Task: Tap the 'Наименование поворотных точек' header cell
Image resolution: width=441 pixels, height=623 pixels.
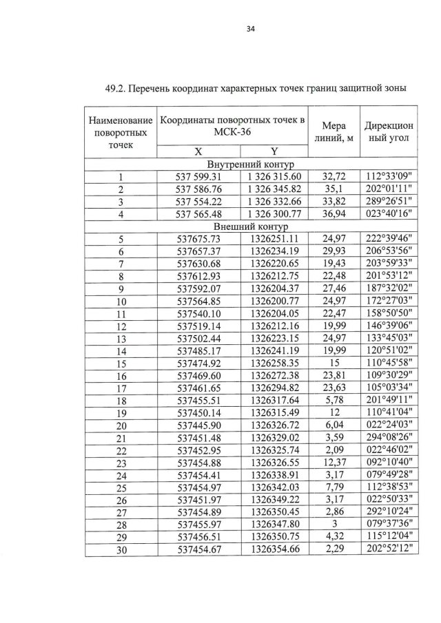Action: coord(120,134)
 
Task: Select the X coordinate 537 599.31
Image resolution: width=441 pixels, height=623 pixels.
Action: coord(198,178)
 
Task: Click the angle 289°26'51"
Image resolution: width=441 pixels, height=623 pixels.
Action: coord(389,202)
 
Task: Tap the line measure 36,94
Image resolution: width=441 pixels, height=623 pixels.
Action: coord(334,214)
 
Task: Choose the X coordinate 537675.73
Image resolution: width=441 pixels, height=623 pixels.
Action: coord(198,238)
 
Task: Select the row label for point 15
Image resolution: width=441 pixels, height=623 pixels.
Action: coord(121,363)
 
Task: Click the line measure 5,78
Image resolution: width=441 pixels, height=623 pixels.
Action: coord(334,400)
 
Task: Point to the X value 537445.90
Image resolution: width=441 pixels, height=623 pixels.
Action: coord(198,425)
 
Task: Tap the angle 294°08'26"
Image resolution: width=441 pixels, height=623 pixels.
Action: coord(389,437)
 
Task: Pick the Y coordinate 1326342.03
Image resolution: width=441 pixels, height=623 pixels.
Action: coord(274,486)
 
